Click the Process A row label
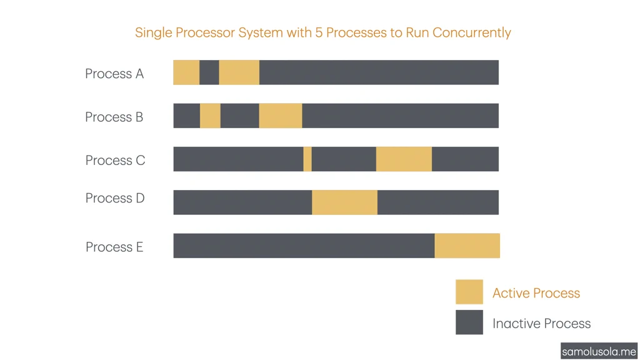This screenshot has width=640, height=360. tap(114, 74)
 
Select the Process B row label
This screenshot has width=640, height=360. tap(114, 117)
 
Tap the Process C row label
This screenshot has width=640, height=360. tap(115, 160)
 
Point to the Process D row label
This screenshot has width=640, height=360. tap(115, 198)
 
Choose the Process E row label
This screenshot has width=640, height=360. tap(114, 247)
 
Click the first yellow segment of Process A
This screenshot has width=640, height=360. tap(186, 72)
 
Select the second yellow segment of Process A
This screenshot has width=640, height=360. tap(239, 72)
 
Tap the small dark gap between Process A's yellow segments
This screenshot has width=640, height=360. tap(209, 72)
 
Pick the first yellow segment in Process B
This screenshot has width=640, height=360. tap(210, 116)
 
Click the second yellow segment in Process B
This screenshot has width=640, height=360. tap(281, 116)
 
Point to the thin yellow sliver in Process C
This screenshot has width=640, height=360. tap(307, 159)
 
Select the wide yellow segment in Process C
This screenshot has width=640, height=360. tap(404, 159)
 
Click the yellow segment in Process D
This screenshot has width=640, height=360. tap(344, 202)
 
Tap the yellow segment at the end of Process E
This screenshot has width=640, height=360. tap(467, 246)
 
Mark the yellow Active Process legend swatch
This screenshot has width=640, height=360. tap(469, 292)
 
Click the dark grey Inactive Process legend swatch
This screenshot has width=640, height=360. tap(469, 322)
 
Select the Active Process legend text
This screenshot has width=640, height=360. tap(536, 293)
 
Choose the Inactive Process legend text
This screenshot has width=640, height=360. tap(541, 323)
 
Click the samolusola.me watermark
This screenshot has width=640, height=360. tap(599, 351)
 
